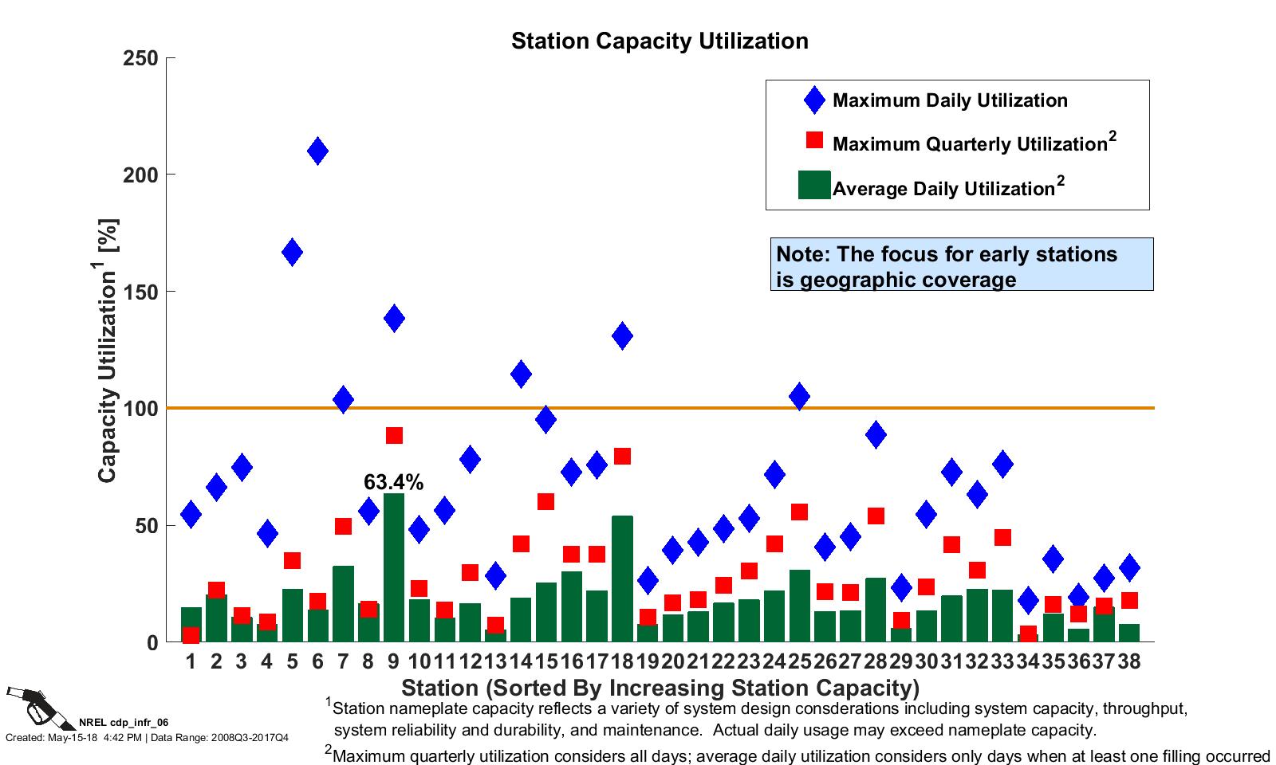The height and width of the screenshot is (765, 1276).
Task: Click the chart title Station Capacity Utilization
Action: tap(660, 41)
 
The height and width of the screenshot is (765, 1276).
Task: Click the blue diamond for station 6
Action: tap(317, 151)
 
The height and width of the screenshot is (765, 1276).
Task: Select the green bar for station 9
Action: tap(394, 567)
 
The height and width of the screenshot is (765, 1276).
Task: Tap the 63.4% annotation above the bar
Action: tap(393, 482)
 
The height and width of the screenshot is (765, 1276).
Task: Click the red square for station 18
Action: tap(623, 456)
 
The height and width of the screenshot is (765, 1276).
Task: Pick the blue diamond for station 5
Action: tap(292, 252)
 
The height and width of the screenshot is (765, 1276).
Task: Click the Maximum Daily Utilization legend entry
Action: tap(949, 100)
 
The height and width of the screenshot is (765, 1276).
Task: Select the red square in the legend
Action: tap(814, 140)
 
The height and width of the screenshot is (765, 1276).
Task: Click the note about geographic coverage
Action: tap(961, 266)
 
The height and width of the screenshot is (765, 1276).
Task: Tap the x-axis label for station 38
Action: tap(1129, 661)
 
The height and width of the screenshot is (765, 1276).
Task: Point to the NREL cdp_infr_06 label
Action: tap(124, 723)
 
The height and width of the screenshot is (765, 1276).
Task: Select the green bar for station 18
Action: tap(623, 579)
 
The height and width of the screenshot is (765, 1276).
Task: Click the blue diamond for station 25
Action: tap(799, 396)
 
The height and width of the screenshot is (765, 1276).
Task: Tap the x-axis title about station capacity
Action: tap(660, 688)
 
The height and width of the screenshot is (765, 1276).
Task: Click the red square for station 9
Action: tap(394, 435)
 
